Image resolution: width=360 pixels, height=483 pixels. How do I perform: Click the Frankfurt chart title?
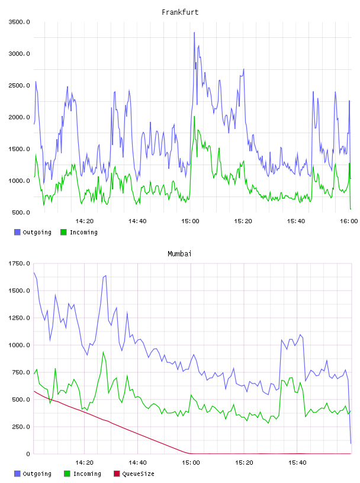180,12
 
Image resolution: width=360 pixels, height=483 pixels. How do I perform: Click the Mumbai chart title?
179,253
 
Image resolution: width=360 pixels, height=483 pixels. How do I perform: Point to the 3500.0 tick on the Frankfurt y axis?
19,22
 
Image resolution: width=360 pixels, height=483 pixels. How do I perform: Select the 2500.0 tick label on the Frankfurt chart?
19,85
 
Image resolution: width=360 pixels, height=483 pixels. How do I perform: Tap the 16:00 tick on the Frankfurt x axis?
349,221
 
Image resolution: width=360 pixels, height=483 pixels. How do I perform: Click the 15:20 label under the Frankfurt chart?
243,221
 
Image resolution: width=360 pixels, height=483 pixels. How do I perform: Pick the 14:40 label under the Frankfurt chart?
137,221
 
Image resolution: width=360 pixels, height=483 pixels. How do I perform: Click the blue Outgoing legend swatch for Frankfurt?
17,232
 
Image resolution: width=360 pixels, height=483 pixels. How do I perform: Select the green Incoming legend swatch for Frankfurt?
63,232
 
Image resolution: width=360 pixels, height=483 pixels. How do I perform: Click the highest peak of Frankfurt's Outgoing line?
194,33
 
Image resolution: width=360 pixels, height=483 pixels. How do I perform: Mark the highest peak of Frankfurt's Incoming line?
194,117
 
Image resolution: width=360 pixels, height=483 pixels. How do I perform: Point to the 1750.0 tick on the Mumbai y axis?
19,263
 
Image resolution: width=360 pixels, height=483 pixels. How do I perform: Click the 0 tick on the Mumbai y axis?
28,454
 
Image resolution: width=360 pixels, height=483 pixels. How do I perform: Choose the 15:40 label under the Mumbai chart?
297,462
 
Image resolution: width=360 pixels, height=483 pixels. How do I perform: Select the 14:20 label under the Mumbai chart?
84,462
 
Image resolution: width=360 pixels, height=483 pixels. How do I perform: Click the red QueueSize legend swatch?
117,474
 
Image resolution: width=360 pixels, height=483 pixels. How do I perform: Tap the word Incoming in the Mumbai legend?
87,474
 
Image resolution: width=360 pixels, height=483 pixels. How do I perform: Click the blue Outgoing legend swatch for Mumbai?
17,474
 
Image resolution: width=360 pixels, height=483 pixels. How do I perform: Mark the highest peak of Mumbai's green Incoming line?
103,352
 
